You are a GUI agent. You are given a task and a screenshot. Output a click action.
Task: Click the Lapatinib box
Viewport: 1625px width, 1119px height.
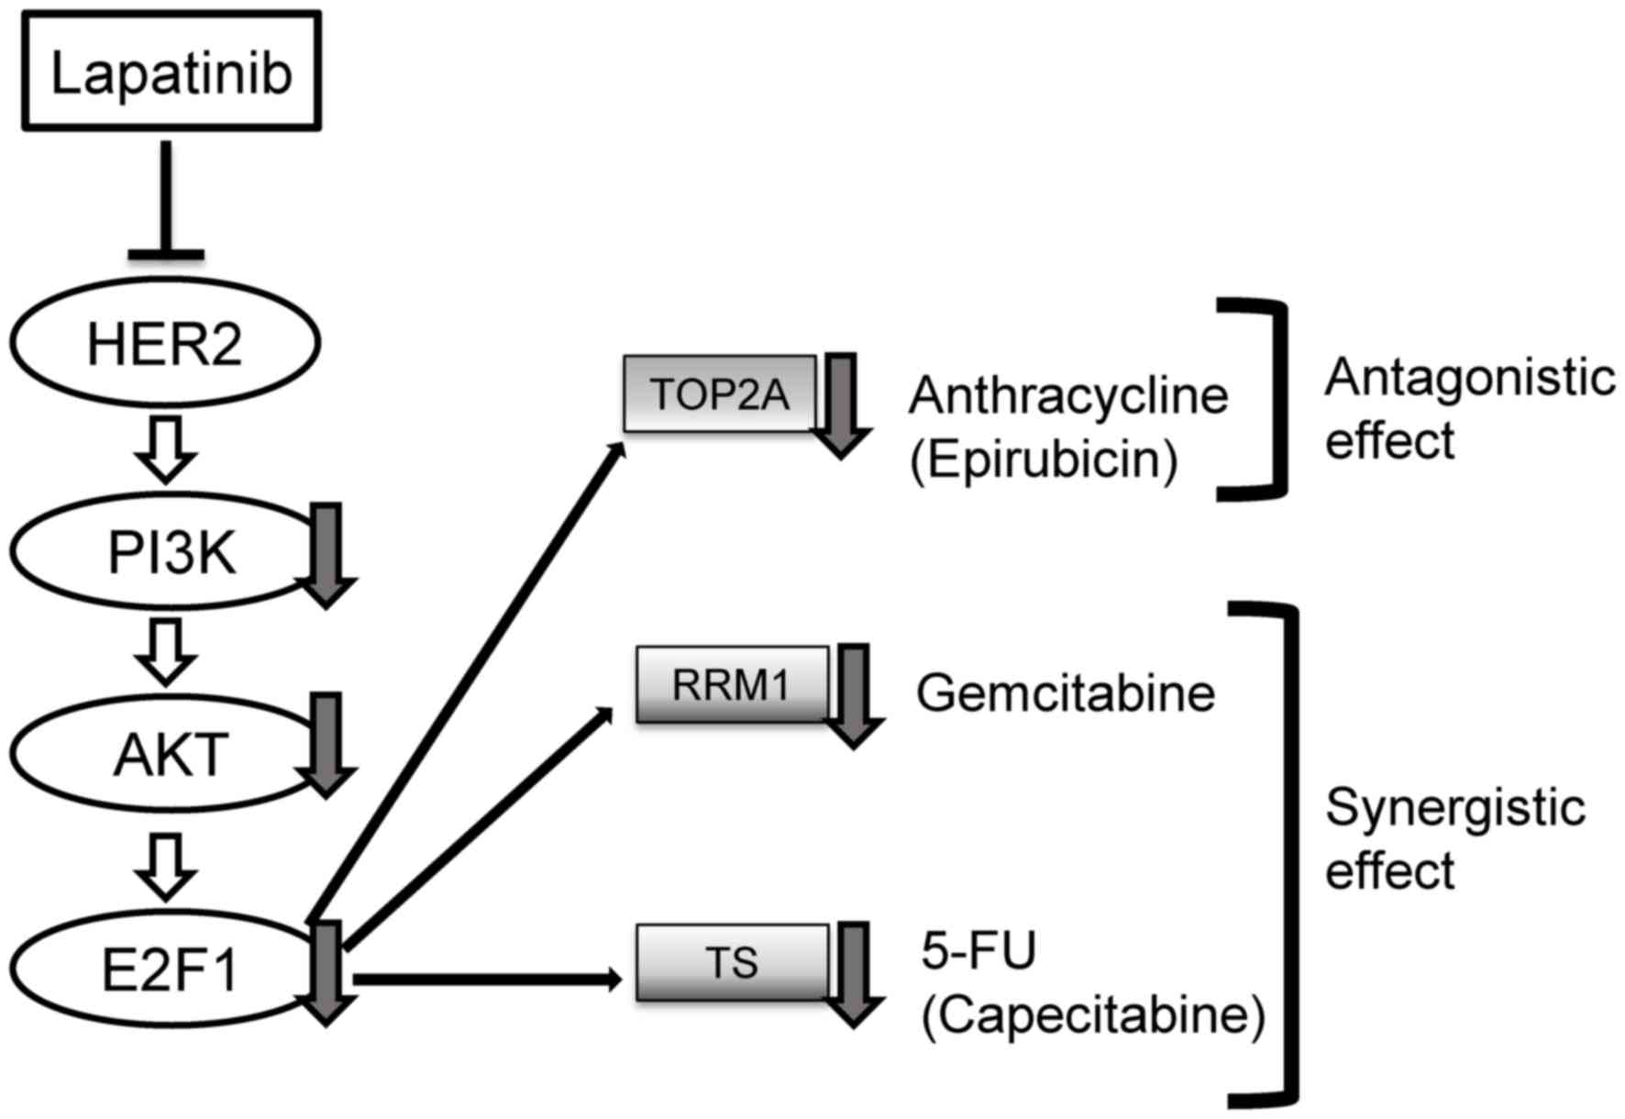pos(171,72)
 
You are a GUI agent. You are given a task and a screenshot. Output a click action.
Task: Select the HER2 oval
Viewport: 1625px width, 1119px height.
pos(165,342)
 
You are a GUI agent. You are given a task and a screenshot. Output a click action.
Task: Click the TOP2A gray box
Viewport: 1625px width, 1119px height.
pos(720,394)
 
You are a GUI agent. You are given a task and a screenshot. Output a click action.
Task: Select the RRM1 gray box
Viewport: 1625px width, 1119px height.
pos(732,684)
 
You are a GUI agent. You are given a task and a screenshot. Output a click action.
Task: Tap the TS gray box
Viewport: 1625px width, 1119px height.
pos(732,963)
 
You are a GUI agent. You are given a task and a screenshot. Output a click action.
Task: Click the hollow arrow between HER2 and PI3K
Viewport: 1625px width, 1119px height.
pos(166,449)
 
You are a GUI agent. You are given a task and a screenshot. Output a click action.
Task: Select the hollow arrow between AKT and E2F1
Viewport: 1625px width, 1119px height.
pos(166,866)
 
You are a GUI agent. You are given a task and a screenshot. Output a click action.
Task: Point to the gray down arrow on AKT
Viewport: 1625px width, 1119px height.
pos(326,743)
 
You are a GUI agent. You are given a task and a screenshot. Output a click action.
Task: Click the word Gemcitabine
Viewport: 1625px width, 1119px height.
pos(1066,692)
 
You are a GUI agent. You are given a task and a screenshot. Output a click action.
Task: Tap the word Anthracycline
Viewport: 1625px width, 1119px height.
pos(1068,396)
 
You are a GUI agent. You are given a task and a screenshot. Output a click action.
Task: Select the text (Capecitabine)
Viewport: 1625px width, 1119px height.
pos(1093,1015)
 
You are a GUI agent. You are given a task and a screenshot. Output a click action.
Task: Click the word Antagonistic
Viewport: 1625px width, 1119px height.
pos(1469,378)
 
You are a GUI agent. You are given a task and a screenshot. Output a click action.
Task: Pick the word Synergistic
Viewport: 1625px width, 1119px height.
pos(1455,809)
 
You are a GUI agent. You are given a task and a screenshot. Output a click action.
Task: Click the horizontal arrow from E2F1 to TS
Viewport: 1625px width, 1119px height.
pos(486,980)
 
